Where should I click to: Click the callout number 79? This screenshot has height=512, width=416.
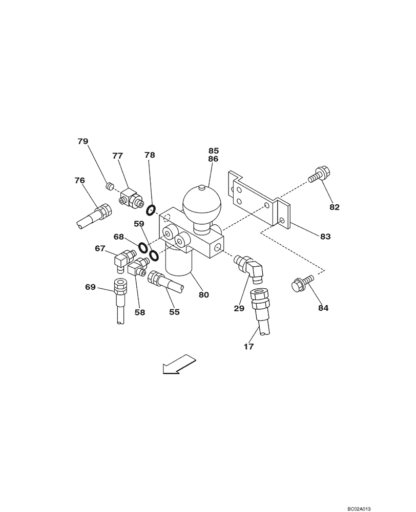click(83, 141)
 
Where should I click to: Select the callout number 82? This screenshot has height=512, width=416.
click(335, 207)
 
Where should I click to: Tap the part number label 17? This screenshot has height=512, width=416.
click(248, 347)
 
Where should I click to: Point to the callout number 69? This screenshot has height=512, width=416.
click(91, 287)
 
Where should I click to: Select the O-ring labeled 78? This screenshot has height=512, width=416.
click(151, 210)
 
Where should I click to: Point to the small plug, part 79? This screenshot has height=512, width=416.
click(109, 186)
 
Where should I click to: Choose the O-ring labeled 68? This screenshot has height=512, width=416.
click(144, 249)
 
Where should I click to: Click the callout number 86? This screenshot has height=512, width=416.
click(213, 159)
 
